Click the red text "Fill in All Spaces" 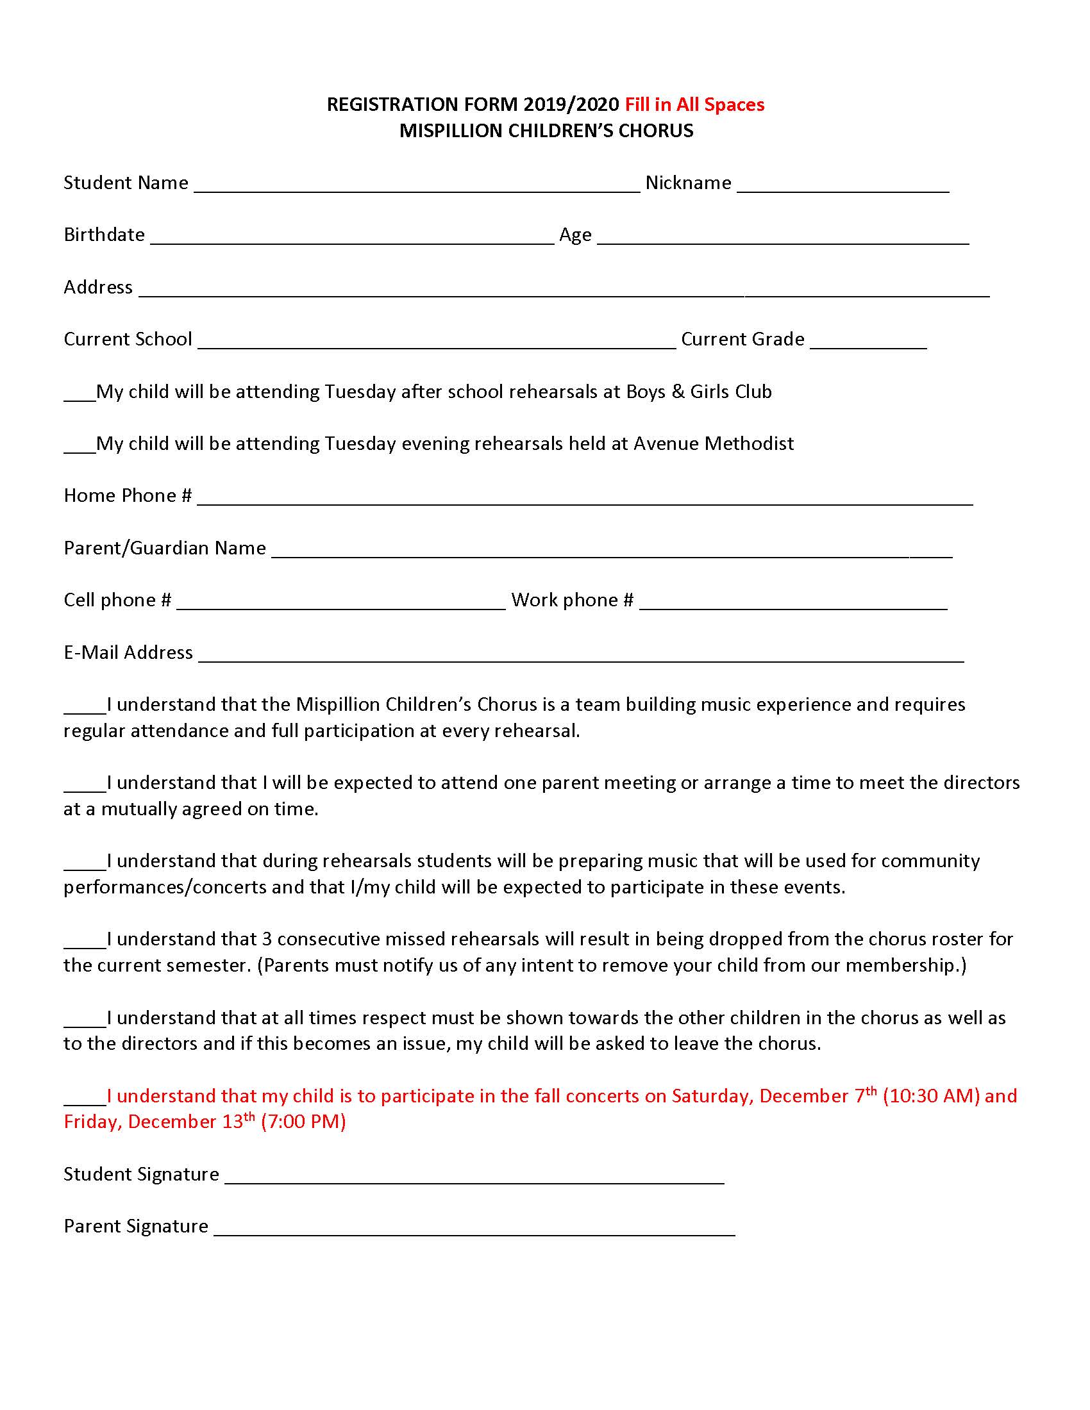coord(694,104)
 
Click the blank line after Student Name coord(417,188)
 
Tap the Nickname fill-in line coord(843,188)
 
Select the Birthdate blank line coord(352,241)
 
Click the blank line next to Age coord(783,241)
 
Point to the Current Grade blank coord(868,345)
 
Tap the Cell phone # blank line coord(340,606)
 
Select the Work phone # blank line coord(793,606)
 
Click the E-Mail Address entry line coord(581,658)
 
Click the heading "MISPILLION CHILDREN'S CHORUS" coord(546,131)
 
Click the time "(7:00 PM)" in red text coord(303,1122)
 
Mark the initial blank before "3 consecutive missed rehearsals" coord(85,945)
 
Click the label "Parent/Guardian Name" coord(165,548)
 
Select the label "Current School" coord(128,340)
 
